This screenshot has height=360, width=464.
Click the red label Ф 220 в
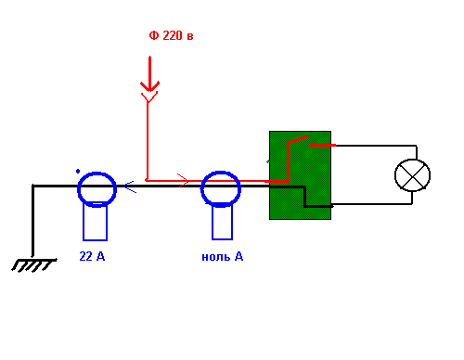coord(171,35)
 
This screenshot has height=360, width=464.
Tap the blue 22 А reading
coord(92,256)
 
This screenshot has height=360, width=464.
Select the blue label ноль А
coord(223,257)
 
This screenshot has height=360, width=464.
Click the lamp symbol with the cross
coord(412,175)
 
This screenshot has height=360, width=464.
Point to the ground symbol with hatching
coord(34,265)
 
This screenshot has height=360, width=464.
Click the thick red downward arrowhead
coord(149,86)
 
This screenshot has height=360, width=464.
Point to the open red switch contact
coord(298,139)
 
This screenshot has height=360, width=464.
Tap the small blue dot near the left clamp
coord(78,171)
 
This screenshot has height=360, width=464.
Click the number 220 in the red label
coord(173,35)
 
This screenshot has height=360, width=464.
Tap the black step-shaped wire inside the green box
coord(304,197)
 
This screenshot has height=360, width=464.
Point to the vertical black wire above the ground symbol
coord(32,221)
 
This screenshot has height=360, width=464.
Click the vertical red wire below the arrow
coord(148,141)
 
